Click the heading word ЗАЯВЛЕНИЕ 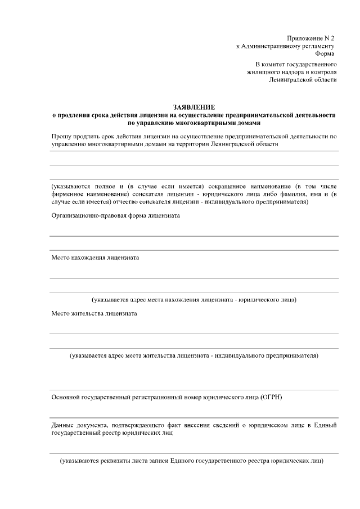[194, 107]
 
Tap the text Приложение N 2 [310, 38]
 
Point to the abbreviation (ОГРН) [271, 397]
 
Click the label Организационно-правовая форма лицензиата [116, 216]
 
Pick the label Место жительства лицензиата [94, 313]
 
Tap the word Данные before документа [63, 425]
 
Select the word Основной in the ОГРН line [66, 397]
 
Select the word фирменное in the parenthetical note [69, 193]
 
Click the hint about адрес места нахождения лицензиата [194, 299]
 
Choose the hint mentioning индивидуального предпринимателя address [194, 355]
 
